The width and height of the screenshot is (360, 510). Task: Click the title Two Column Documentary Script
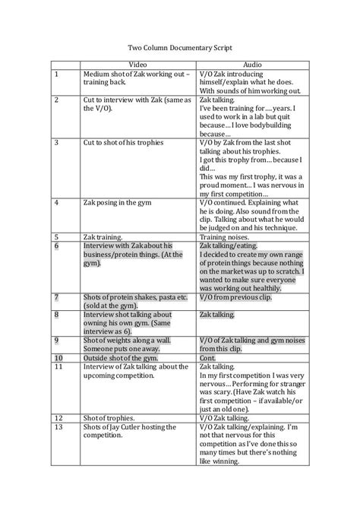tap(180, 46)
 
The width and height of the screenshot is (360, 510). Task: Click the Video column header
tap(137, 65)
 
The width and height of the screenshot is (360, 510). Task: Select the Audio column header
tap(251, 65)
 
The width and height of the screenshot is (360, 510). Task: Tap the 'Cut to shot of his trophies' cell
tap(122, 142)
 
